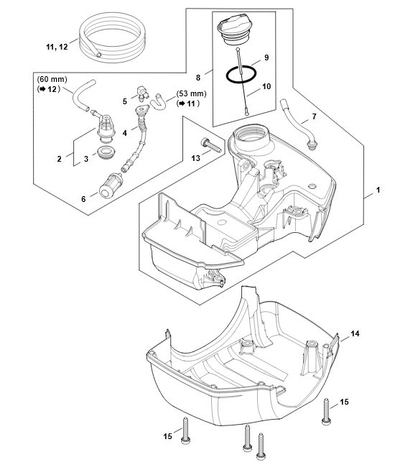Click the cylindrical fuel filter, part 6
(110, 186)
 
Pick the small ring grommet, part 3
(106, 152)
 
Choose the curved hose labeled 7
(298, 124)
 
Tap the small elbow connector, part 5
(142, 93)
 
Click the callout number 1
(378, 190)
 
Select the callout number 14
(355, 333)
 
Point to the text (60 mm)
(52, 80)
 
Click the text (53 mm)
(191, 94)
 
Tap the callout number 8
(198, 78)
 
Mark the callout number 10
(266, 86)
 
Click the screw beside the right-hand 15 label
(326, 412)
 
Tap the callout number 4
(125, 133)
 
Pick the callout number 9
(266, 57)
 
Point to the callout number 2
(60, 159)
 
